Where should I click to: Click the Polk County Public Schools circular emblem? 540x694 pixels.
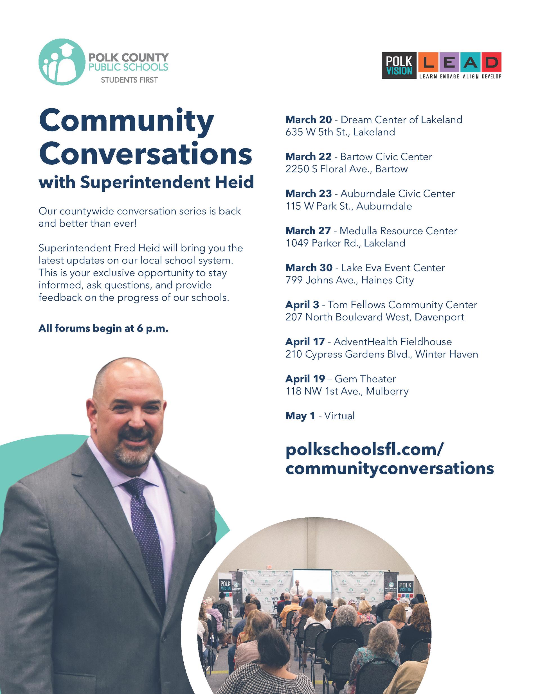[x=61, y=62]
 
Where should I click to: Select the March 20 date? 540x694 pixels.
[x=308, y=120]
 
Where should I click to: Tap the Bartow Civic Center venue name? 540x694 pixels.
[x=386, y=157]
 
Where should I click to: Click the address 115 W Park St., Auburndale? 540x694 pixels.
[x=348, y=206]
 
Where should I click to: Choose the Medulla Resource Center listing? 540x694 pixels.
[x=398, y=231]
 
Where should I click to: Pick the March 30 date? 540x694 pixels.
[x=309, y=268]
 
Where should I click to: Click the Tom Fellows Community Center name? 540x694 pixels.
[x=402, y=305]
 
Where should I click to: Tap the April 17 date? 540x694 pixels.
[x=305, y=342]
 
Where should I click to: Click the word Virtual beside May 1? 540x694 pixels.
[x=339, y=416]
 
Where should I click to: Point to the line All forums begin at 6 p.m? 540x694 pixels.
[x=103, y=328]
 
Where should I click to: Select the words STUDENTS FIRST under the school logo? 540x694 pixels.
[x=129, y=80]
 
